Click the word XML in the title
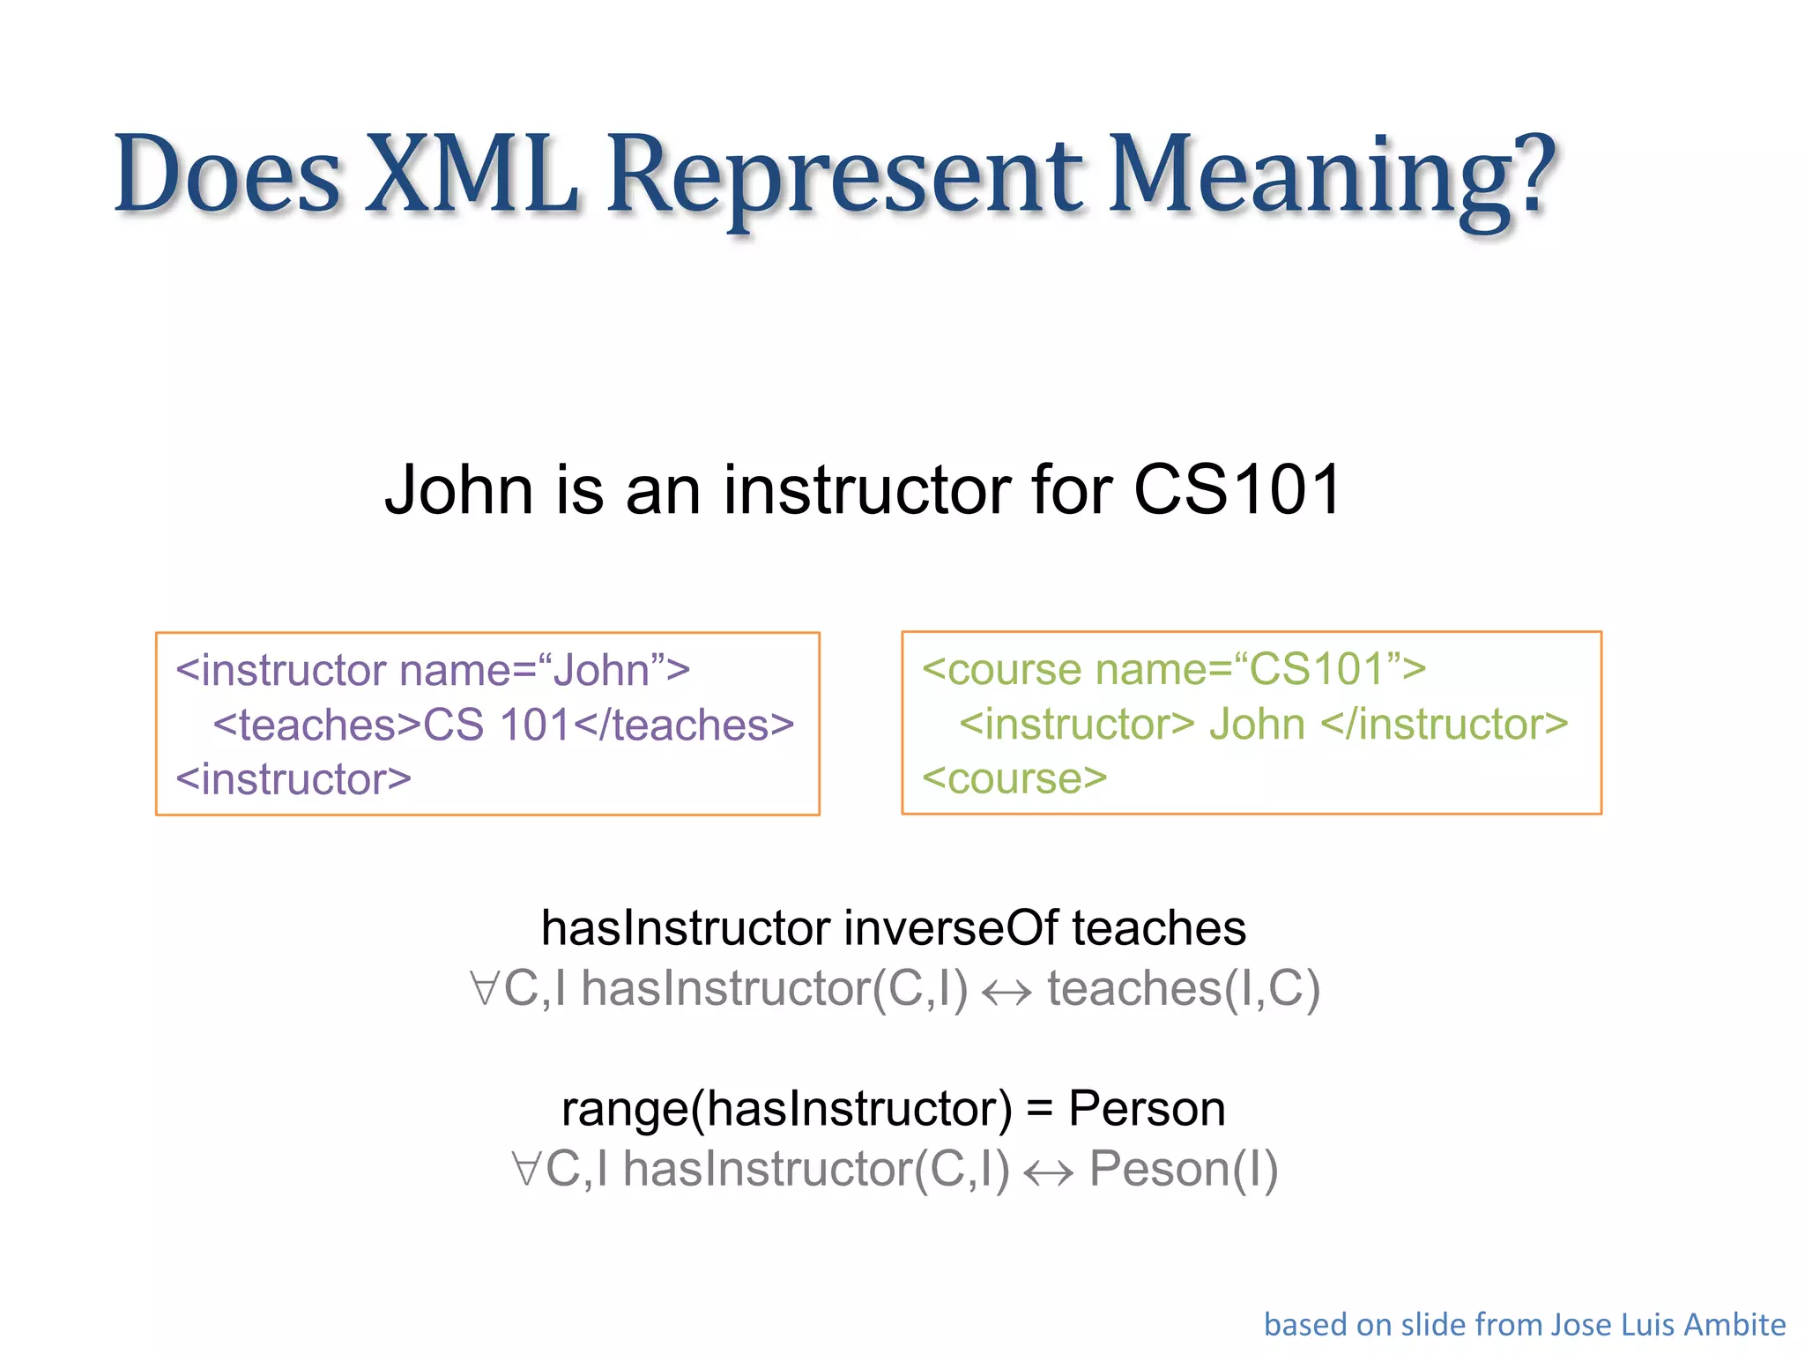[472, 174]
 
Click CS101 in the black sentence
[1237, 490]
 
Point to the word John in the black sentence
[458, 490]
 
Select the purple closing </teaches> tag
[684, 725]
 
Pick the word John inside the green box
[1256, 725]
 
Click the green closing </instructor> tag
[1445, 725]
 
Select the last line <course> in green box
[1014, 778]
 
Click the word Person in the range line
[1146, 1109]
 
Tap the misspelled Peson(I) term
[1183, 1170]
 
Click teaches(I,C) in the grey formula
[1183, 989]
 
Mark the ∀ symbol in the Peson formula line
[525, 1170]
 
